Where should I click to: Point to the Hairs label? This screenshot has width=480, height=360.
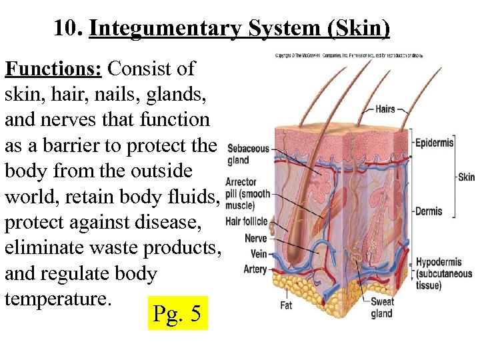(x=385, y=109)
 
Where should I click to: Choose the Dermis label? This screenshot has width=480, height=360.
(x=428, y=211)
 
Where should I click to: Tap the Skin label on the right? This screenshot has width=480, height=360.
(x=466, y=177)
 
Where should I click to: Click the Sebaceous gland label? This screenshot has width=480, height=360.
(x=247, y=154)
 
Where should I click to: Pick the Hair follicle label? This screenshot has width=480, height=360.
(x=246, y=221)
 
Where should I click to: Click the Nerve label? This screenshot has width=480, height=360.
(x=255, y=238)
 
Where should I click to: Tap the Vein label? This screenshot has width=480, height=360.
(x=258, y=253)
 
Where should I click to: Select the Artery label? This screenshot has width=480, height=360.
(x=255, y=269)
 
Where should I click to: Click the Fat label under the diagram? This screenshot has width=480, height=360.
(x=285, y=305)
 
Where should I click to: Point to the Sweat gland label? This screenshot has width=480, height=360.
(x=382, y=307)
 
